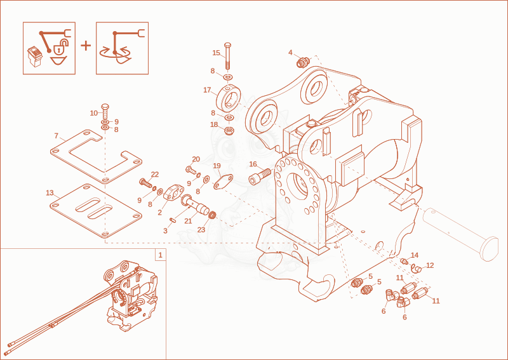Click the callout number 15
[216, 53]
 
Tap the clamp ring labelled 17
[228, 98]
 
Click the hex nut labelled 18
[229, 131]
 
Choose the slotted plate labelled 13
[97, 211]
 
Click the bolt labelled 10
[105, 111]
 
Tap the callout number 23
[201, 230]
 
